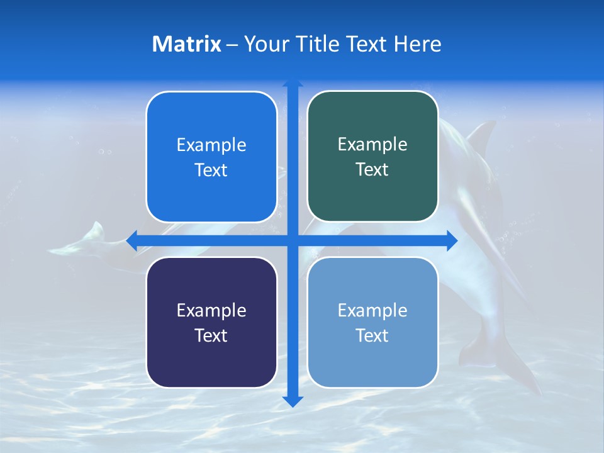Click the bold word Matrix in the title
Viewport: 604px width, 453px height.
coord(186,44)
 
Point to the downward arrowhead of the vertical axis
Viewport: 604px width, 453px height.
coord(293,401)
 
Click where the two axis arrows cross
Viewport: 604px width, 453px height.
coord(293,240)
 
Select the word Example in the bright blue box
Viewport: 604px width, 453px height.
coord(211,145)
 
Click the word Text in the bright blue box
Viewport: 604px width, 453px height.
coord(211,171)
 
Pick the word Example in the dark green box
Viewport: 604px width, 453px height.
coord(372,145)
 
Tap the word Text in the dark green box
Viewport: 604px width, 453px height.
coord(372,170)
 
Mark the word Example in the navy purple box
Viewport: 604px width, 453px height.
coord(211,311)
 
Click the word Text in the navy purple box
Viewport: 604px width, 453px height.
coord(211,336)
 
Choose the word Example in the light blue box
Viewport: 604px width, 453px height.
coord(372,311)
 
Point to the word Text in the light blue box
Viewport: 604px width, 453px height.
coord(372,336)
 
